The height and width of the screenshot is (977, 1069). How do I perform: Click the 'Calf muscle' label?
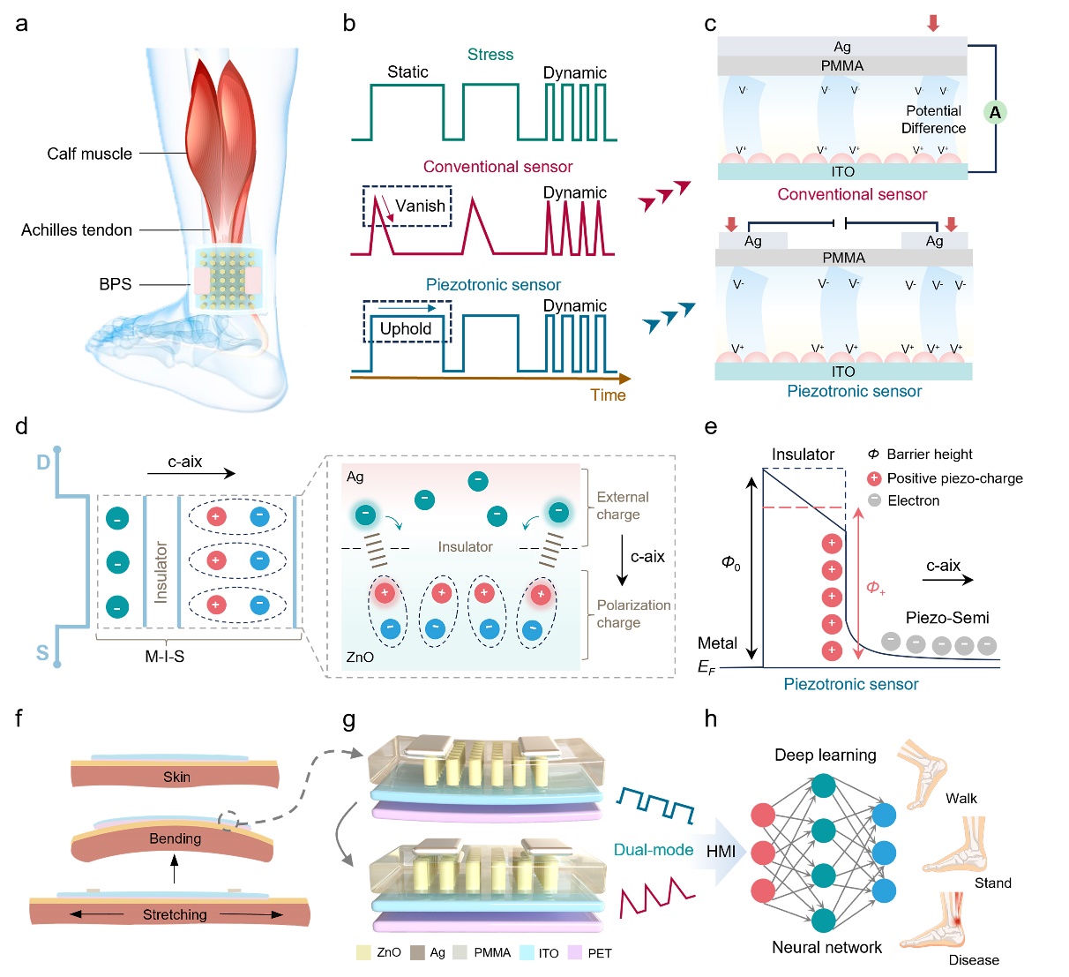89,154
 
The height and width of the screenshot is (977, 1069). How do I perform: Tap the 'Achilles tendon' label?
77,229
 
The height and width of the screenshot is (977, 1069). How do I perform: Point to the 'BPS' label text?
115,284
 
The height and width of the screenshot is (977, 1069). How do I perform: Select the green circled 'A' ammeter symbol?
995,112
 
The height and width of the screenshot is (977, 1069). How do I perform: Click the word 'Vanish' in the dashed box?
420,206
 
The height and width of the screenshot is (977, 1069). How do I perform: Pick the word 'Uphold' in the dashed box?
406,328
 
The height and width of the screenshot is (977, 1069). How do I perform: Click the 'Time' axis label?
608,395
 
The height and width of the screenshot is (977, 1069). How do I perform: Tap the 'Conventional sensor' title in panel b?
497,167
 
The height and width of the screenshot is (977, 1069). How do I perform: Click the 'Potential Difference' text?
933,119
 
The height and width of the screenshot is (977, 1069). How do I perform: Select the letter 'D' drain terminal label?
42,462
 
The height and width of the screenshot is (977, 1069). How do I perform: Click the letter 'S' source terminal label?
42,653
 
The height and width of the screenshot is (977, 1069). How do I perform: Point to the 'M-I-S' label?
164,657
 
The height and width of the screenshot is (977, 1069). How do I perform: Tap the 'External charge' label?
622,506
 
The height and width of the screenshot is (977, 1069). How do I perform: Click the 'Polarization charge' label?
633,613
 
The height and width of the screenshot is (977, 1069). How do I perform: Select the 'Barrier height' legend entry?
929,454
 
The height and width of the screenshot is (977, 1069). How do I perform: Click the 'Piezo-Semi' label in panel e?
946,618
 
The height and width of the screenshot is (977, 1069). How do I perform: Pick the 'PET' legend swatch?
575,953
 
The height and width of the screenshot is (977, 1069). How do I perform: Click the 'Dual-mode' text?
654,850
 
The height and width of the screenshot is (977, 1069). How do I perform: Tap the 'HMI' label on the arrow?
721,851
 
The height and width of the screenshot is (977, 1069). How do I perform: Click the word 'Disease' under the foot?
974,960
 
